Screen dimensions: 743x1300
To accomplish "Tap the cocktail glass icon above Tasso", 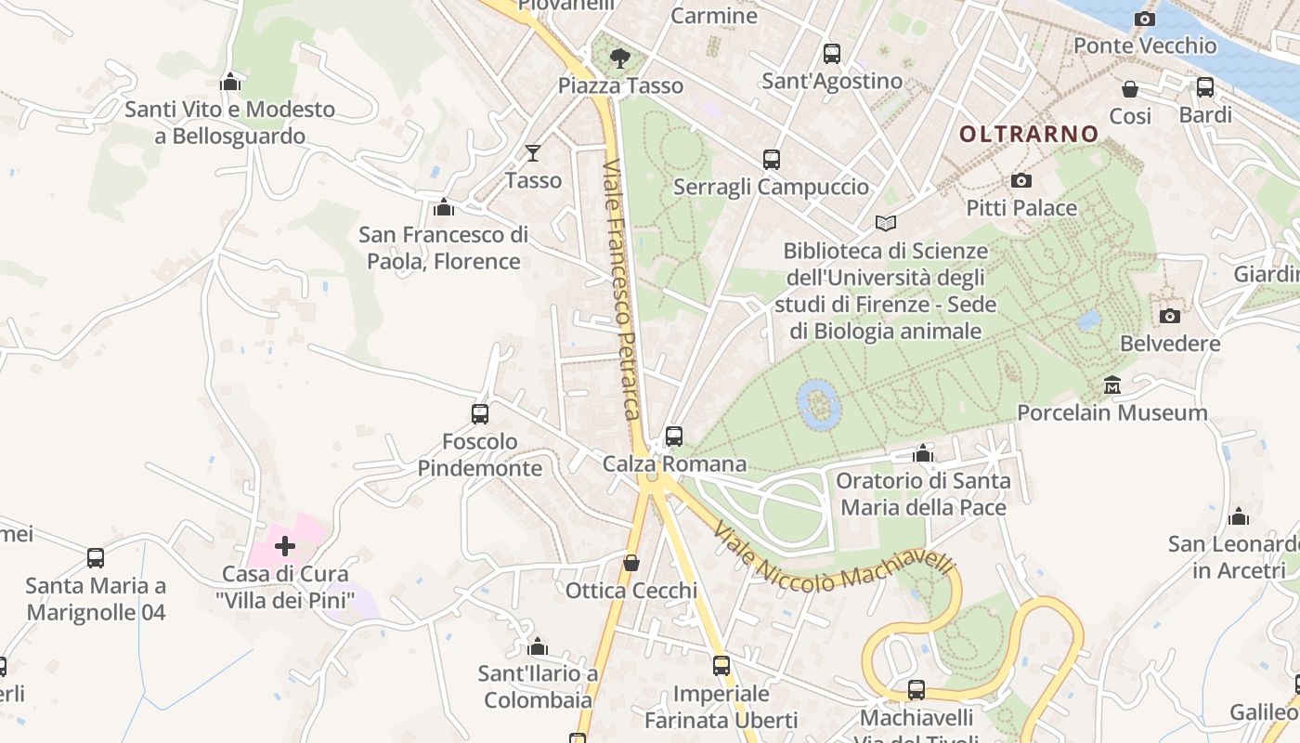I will (533, 153).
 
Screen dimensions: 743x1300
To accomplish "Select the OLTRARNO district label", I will (1029, 135).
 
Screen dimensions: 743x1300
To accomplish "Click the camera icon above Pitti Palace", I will (1021, 180).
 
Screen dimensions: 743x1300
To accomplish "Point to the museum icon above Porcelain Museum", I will (1112, 385).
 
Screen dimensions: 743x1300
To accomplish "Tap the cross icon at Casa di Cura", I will (285, 545).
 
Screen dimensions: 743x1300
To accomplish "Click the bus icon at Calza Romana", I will (674, 436).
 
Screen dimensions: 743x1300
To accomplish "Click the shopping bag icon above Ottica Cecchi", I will (631, 563).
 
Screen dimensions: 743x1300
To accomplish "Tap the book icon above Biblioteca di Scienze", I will (886, 224).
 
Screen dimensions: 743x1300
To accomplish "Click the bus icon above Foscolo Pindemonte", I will (480, 414).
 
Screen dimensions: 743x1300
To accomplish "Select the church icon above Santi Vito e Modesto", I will (230, 83).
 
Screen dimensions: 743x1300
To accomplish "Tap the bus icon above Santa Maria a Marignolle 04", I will (96, 558).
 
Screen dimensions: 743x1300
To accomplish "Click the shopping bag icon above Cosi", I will (1130, 89).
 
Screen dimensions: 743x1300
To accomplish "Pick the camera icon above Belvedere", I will (1170, 316).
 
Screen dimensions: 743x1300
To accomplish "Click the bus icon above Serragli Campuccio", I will (771, 160).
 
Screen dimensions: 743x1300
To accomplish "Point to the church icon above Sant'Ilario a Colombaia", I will (538, 646).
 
